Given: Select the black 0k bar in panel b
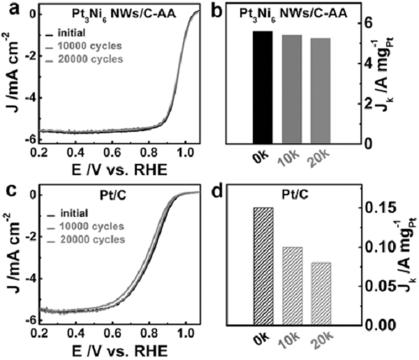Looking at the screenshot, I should [262, 87].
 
